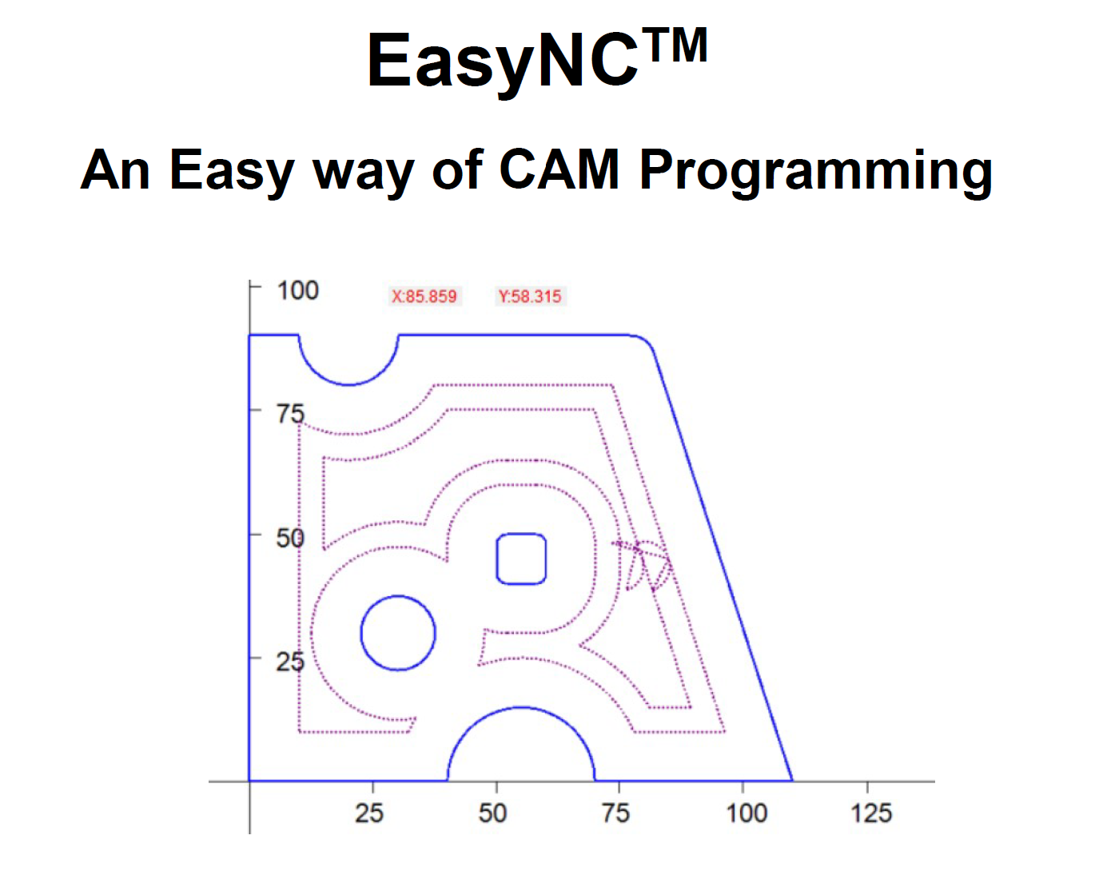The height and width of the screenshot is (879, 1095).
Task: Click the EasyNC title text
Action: [x=537, y=60]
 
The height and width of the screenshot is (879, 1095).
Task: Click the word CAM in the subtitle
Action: [x=559, y=169]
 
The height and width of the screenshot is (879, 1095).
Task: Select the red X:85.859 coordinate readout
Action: [x=424, y=296]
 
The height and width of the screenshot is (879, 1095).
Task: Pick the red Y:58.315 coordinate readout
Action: [x=530, y=296]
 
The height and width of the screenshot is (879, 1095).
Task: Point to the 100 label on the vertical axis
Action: [x=297, y=290]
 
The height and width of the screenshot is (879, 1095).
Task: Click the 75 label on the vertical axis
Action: [x=291, y=414]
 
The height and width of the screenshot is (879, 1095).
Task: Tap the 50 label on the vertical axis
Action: [x=290, y=538]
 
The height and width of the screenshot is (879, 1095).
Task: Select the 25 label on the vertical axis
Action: [x=290, y=662]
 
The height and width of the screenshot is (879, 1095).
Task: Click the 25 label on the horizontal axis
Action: [x=369, y=813]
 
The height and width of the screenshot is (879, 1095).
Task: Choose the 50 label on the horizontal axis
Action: [x=492, y=813]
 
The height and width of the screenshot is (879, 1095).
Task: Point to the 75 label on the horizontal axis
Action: [x=615, y=813]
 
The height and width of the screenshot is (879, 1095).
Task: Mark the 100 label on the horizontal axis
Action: [x=747, y=813]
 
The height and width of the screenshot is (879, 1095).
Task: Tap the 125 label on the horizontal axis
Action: [x=871, y=813]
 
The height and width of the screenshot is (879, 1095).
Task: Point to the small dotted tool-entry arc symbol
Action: [x=643, y=566]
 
